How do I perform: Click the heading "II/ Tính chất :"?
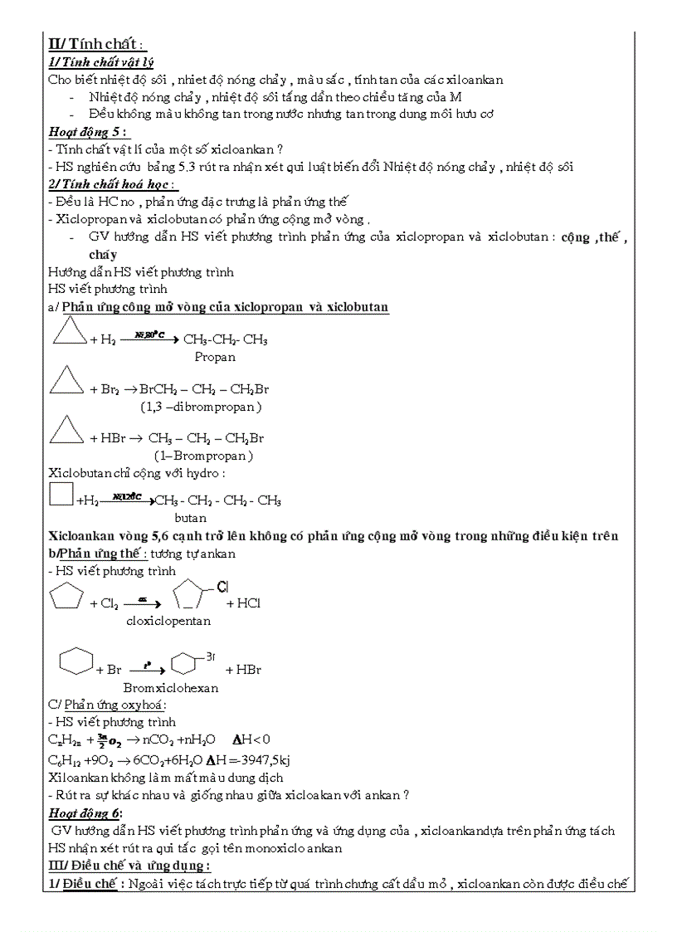click(97, 44)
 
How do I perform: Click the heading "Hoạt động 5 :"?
click(88, 131)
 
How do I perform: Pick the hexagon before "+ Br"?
click(75, 661)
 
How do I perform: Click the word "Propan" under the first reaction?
click(215, 357)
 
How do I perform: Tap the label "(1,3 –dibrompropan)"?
click(201, 407)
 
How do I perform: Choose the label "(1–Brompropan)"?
click(203, 456)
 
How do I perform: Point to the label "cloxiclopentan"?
click(168, 620)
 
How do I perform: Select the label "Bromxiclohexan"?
click(171, 687)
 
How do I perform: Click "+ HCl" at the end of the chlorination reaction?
click(243, 603)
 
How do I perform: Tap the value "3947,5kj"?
click(263, 759)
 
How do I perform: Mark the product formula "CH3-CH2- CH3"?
click(225, 339)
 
